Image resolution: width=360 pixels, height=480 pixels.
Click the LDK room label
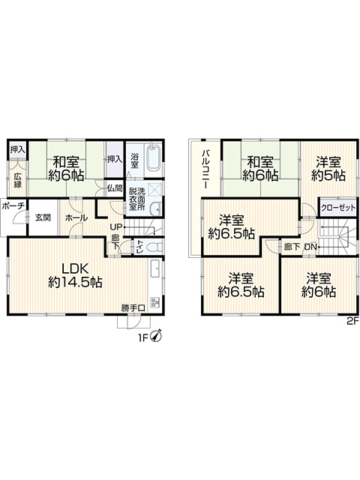pyautogui.click(x=75, y=275)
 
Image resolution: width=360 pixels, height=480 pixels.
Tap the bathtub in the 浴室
pyautogui.click(x=154, y=158)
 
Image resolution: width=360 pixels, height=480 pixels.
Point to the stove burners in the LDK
pyautogui.click(x=154, y=303)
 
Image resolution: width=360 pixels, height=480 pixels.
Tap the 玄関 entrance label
pyautogui.click(x=43, y=217)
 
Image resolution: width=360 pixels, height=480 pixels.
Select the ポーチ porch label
pyautogui.click(x=13, y=206)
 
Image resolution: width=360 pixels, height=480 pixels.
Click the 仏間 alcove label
pyautogui.click(x=115, y=188)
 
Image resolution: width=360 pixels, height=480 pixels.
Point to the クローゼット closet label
pyautogui.click(x=338, y=208)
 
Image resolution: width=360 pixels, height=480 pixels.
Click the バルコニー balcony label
pyautogui.click(x=205, y=169)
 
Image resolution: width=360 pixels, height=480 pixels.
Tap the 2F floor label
pyautogui.click(x=352, y=322)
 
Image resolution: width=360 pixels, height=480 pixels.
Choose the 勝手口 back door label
pyautogui.click(x=133, y=307)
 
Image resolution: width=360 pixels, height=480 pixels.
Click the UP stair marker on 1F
pyautogui.click(x=116, y=226)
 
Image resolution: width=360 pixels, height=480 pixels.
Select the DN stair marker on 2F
pyautogui.click(x=310, y=247)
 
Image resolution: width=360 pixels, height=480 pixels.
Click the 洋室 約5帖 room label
pyautogui.click(x=328, y=168)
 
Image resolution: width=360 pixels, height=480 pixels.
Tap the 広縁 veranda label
pyautogui.click(x=17, y=180)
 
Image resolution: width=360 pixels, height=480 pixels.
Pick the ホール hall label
pyautogui.click(x=76, y=217)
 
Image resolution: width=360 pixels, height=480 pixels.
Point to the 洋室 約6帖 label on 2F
pyautogui.click(x=319, y=285)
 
